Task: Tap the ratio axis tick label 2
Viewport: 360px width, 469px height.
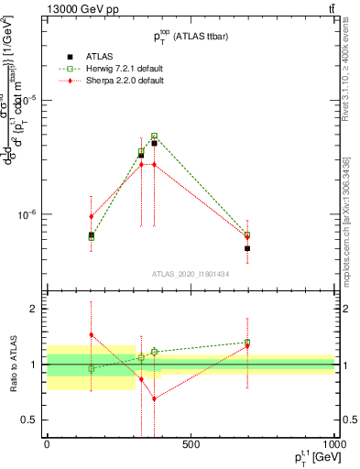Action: coord(33,309)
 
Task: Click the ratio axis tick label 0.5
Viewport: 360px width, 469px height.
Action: coord(29,420)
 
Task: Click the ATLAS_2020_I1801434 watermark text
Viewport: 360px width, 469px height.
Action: coord(190,274)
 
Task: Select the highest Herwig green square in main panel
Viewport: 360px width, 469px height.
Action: coord(154,136)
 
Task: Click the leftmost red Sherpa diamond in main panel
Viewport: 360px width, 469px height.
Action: coord(91,216)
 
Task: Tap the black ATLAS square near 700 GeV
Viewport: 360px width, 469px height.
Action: coord(247,248)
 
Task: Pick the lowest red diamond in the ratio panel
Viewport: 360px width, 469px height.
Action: coord(154,398)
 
